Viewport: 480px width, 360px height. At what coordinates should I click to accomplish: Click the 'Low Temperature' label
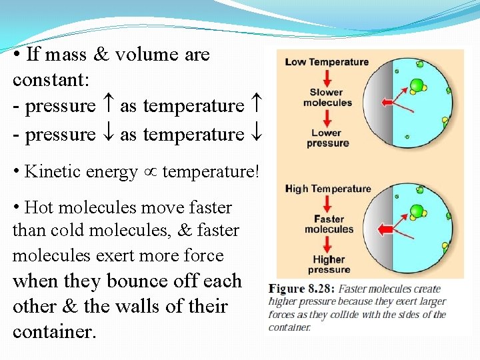coord(327,62)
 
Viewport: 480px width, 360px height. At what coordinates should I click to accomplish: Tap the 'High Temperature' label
coord(328,189)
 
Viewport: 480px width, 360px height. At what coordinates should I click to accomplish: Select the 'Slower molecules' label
coord(327,97)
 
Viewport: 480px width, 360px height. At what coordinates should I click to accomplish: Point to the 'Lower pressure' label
coord(327,137)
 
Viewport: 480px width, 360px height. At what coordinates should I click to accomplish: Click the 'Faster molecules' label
coord(329,224)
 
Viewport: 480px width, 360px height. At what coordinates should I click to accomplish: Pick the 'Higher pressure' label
coord(329,264)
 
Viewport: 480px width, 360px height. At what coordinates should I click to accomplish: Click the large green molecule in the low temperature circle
coord(417,85)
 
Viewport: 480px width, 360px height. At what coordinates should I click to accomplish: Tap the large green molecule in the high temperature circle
coord(417,211)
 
